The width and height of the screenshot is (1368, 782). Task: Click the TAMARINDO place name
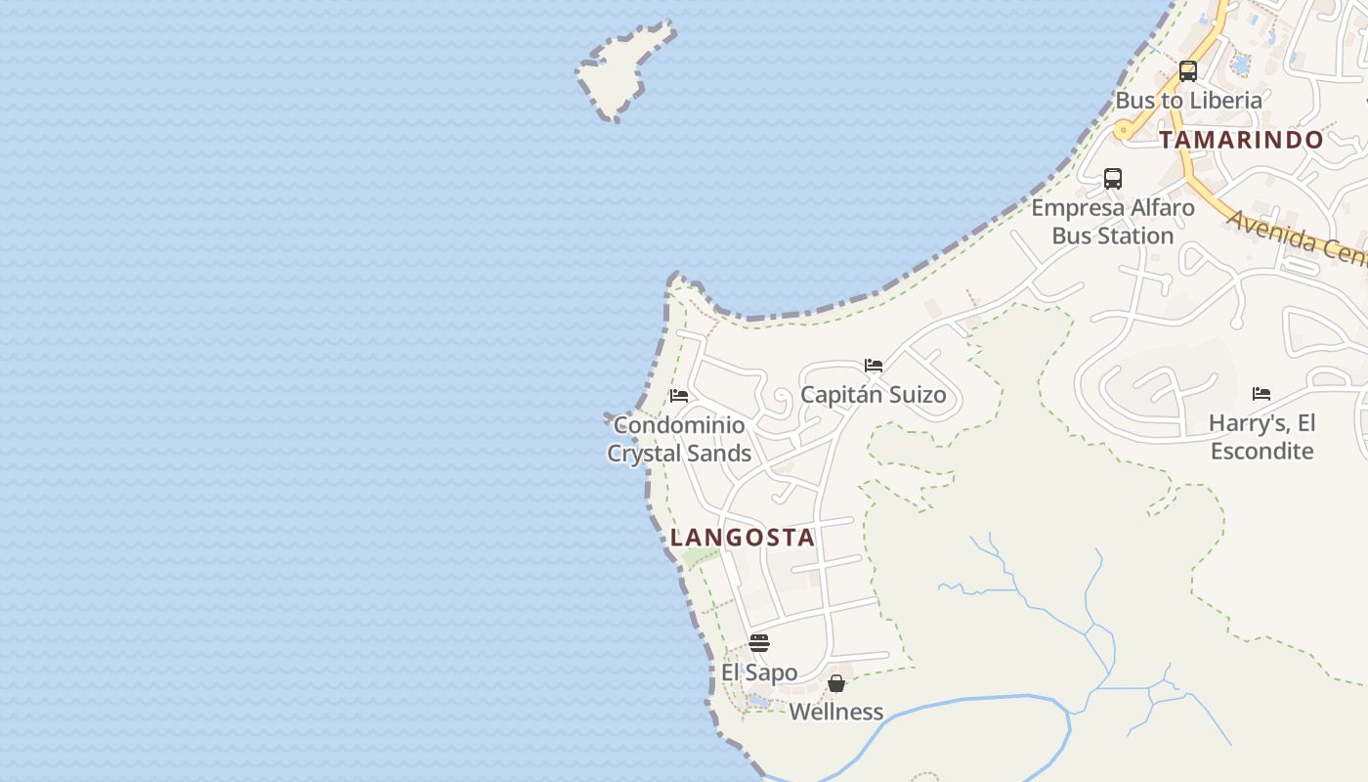pyautogui.click(x=1241, y=140)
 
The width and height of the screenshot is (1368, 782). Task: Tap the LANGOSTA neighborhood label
pyautogui.click(x=743, y=538)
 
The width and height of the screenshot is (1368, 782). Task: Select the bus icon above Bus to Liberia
pyautogui.click(x=1188, y=71)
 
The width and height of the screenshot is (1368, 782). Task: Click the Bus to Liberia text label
pyautogui.click(x=1188, y=101)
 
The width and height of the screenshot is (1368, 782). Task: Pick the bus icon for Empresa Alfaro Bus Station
pyautogui.click(x=1113, y=179)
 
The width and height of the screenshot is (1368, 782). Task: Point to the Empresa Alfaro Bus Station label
pyautogui.click(x=1113, y=222)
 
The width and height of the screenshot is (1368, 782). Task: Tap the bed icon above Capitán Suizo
pyautogui.click(x=874, y=366)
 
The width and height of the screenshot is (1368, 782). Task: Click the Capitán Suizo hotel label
pyautogui.click(x=874, y=395)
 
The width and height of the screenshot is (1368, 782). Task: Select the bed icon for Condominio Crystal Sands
pyautogui.click(x=679, y=396)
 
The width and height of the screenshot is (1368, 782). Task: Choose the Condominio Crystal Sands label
pyautogui.click(x=679, y=440)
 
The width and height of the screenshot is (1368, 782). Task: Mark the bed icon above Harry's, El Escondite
pyautogui.click(x=1261, y=394)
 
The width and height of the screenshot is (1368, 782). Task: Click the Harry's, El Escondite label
pyautogui.click(x=1261, y=437)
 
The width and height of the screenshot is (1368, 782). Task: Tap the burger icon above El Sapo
pyautogui.click(x=759, y=643)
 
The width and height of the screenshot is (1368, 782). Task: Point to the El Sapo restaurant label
pyautogui.click(x=759, y=673)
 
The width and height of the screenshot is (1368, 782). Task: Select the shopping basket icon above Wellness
pyautogui.click(x=836, y=683)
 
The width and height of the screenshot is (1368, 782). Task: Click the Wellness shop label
pyautogui.click(x=836, y=712)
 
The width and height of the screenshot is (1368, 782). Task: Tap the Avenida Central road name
pyautogui.click(x=1295, y=238)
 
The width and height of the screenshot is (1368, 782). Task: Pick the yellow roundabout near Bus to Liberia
pyautogui.click(x=1123, y=128)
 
